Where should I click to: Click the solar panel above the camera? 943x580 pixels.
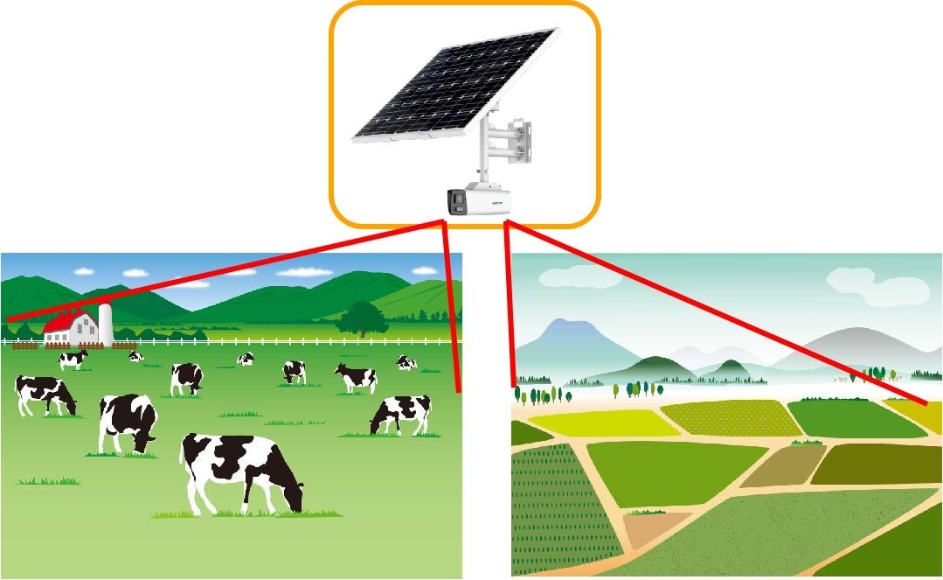454,86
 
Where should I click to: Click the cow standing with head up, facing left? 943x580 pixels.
357,377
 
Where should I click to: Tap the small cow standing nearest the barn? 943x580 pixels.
73,359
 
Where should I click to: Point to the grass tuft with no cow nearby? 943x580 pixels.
48,480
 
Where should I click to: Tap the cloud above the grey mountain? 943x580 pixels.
874,282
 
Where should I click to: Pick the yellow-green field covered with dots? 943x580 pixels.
730,418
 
